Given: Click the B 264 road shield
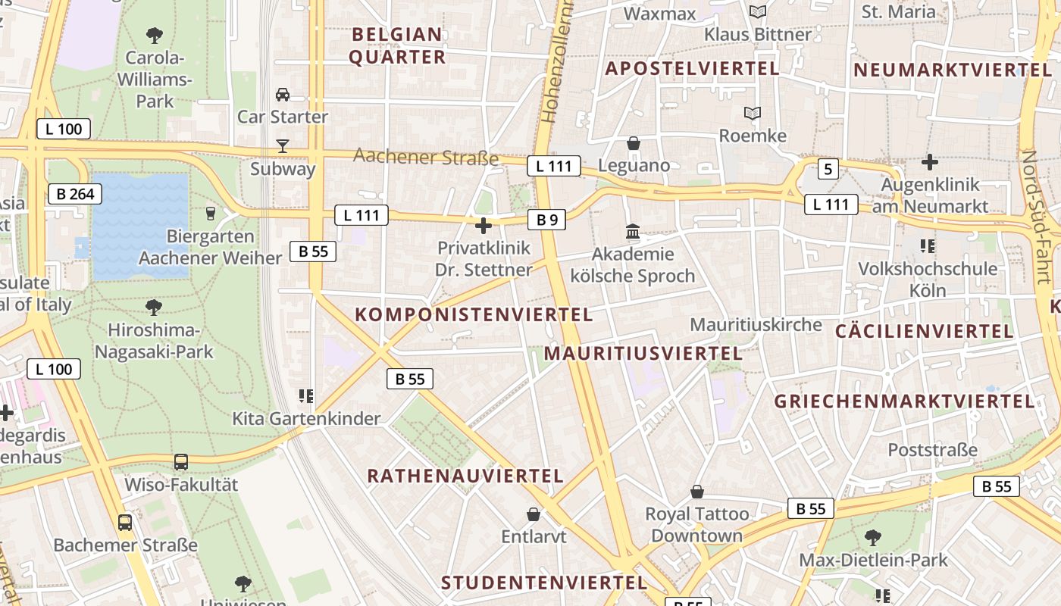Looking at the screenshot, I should [76, 194].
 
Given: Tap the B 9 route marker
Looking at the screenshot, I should [547, 220].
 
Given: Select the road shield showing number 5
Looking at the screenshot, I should [828, 169].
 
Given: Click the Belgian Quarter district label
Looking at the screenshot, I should [397, 45].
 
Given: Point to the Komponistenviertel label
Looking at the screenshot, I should [474, 314].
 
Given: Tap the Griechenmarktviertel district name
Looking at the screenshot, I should [904, 401].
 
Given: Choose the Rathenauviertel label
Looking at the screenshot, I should [465, 476].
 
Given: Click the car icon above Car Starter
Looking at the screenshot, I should [283, 95].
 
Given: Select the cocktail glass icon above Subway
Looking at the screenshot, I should [283, 145].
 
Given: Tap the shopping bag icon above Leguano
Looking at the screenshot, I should [634, 143].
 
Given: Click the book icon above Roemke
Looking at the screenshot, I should [752, 114].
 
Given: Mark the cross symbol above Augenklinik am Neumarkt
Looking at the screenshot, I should [930, 161].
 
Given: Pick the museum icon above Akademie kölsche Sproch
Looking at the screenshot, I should [633, 232].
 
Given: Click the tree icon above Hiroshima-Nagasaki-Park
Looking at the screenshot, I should [154, 307].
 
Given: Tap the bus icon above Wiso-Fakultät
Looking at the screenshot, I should [181, 461].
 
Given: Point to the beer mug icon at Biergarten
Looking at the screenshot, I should [211, 214].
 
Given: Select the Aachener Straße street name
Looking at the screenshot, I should [426, 157].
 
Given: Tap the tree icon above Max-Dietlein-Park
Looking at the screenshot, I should [873, 538].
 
